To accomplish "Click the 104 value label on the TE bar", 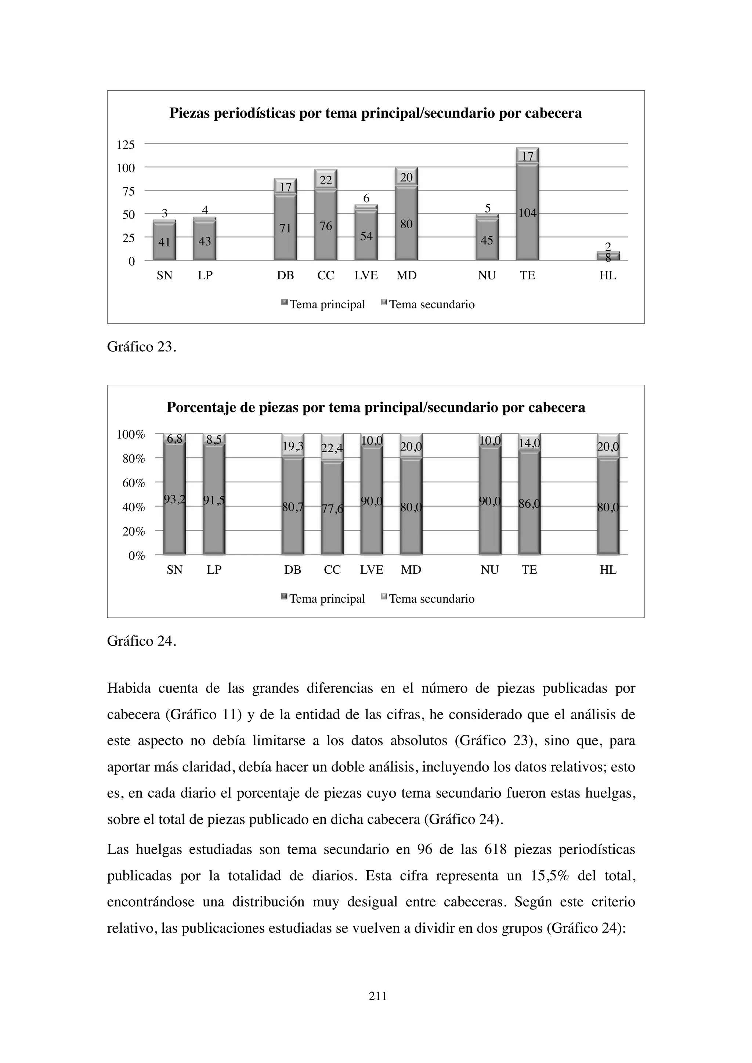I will (x=527, y=213).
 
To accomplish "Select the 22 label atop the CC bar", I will (x=326, y=180).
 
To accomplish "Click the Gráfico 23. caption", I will (x=142, y=347).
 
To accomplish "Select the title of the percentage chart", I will (x=376, y=407).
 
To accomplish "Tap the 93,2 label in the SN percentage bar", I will (x=174, y=499).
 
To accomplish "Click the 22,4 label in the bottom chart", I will (x=332, y=448).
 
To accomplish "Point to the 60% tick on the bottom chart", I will (x=133, y=483).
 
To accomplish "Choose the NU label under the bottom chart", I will (x=489, y=570).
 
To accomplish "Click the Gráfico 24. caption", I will (x=142, y=641).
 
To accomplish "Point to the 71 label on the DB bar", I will (x=285, y=228).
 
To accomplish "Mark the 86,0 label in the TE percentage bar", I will (x=529, y=504).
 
